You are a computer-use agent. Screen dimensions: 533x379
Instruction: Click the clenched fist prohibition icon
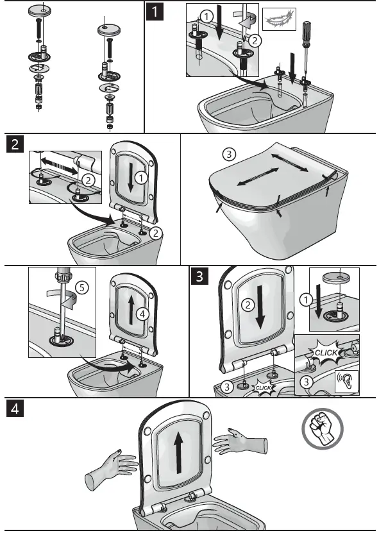(323, 428)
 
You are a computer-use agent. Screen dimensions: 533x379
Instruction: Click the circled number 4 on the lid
(143, 314)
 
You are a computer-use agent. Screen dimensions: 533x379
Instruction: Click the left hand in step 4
(110, 466)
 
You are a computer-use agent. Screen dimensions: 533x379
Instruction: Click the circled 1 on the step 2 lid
(141, 174)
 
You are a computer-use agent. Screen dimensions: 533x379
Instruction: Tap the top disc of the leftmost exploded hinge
(42, 10)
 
